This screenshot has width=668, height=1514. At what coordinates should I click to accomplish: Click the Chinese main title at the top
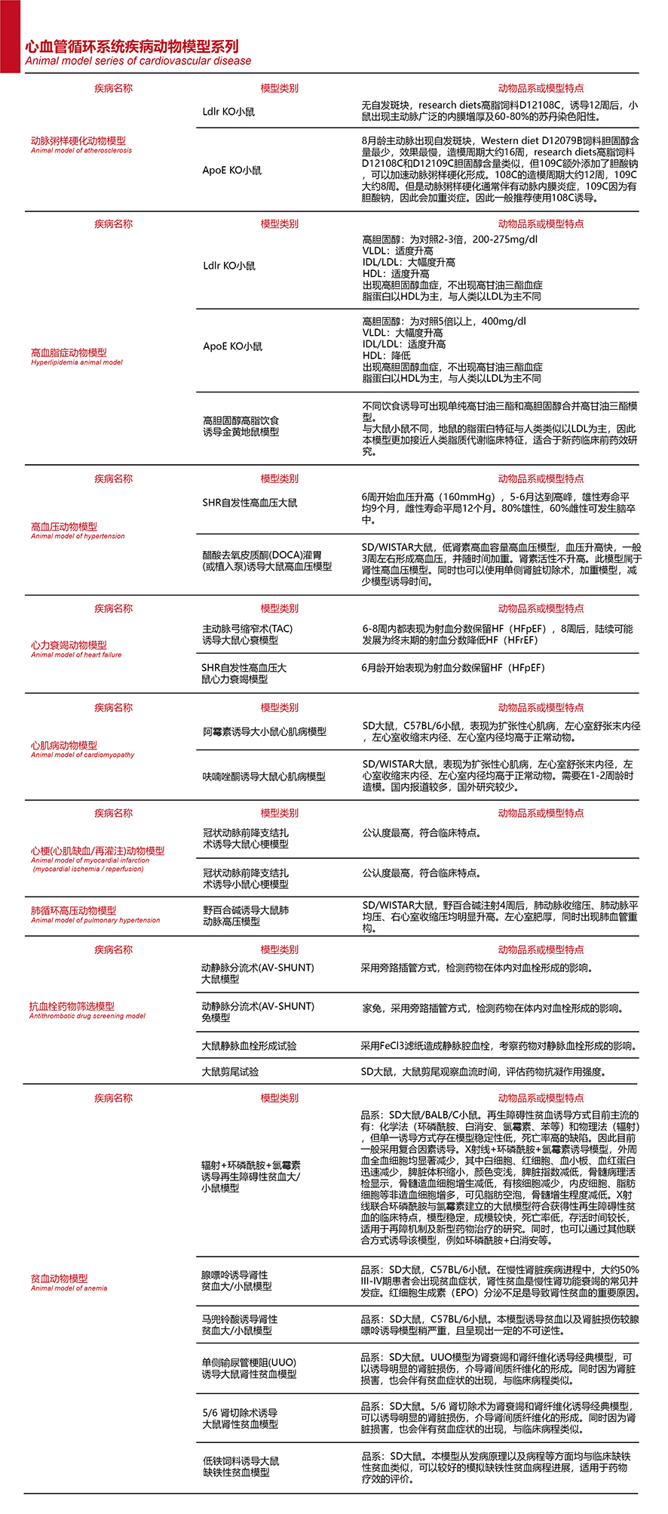pos(132,46)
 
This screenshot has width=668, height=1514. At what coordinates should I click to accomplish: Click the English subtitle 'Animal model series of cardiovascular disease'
pos(138,61)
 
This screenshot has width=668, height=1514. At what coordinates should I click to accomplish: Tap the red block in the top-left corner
pos(10,36)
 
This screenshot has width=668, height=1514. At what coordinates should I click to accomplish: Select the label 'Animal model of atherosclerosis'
pos(81,151)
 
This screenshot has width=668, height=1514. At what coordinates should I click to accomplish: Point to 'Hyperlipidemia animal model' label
pos(77,362)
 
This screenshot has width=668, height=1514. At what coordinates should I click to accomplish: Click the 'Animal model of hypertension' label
pos(78,537)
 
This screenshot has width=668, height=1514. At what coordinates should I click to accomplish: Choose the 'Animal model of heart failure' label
pos(76,655)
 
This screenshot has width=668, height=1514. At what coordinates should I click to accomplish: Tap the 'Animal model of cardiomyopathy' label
pos(82,755)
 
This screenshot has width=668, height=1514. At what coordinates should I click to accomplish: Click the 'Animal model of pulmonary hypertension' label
pos(95,920)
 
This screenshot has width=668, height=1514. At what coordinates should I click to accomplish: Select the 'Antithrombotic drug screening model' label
pos(87,1016)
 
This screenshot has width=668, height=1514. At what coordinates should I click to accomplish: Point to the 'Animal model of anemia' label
pos(69,1288)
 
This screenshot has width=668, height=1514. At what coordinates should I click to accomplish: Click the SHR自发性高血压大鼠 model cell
pos(250,503)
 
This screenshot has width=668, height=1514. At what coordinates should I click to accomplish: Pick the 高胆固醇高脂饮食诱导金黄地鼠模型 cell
pos(241,426)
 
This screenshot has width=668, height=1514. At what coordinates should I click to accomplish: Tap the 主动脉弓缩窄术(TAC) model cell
pos(247,635)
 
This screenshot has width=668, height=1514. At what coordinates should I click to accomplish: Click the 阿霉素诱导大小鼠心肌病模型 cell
pos(265,731)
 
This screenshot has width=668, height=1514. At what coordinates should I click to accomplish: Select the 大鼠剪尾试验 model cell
pos(230,1072)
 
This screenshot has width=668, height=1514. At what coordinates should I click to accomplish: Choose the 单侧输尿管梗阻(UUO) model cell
pos(249,1368)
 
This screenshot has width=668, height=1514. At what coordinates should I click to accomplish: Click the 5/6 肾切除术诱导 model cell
pos(241,1418)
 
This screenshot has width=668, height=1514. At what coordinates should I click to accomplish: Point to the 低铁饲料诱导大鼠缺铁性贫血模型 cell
pos(241,1466)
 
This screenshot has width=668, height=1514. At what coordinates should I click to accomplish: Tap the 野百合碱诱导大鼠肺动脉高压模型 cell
pos(246,916)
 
